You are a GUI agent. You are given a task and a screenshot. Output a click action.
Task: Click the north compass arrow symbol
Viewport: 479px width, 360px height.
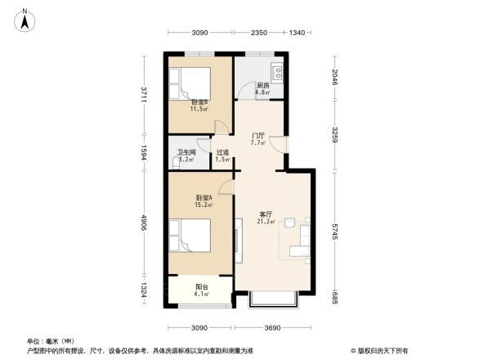[25, 19]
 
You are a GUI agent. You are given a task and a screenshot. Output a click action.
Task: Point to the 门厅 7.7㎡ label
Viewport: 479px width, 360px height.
[257, 139]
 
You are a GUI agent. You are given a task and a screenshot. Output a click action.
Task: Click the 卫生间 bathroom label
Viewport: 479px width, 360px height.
[186, 156]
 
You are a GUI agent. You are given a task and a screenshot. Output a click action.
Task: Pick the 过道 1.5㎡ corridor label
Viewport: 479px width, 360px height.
[222, 156]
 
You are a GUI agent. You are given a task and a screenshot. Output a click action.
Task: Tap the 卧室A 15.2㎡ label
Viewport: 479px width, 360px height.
[204, 201]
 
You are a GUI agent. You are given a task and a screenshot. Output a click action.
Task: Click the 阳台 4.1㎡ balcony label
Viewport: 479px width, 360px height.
[200, 290]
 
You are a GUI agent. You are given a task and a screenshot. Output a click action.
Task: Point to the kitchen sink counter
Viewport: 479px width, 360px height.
[278, 74]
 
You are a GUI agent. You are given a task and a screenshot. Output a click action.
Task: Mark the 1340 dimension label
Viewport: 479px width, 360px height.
[297, 33]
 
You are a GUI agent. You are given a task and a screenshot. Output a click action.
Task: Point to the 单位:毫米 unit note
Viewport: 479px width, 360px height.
[51, 340]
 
